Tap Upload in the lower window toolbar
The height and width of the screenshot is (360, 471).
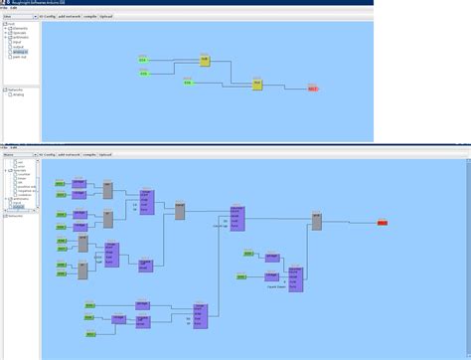tap(105, 156)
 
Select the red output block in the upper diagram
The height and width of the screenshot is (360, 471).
tap(312, 90)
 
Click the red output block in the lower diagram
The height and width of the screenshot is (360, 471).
tap(383, 223)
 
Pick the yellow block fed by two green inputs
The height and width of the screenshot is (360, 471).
tap(205, 61)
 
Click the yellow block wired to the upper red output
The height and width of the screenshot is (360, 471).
tap(256, 86)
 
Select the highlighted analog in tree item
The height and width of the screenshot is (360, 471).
tap(21, 51)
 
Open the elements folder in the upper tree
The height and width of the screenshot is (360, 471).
tap(19, 28)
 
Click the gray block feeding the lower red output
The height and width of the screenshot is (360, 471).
tap(316, 222)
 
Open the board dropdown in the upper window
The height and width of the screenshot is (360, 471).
tap(19, 17)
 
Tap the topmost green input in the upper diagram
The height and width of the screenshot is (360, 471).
tap(143, 61)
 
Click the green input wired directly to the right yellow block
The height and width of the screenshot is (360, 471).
tap(187, 83)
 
